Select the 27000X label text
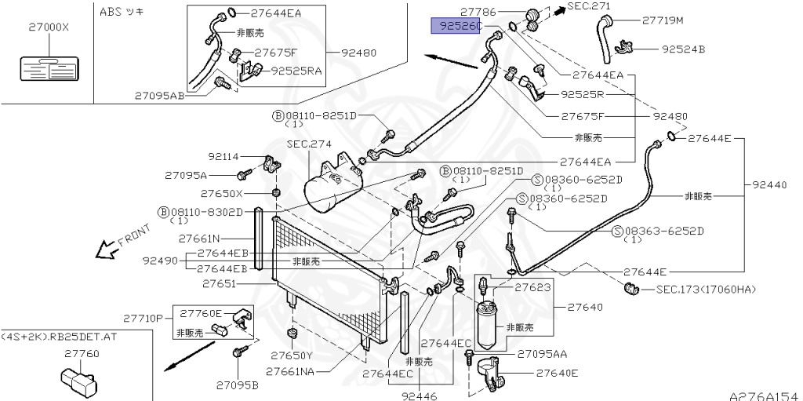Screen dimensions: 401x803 pyautogui.click(x=49, y=27)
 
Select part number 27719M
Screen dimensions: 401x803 pyautogui.click(x=663, y=20)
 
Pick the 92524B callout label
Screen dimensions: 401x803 pyautogui.click(x=683, y=49)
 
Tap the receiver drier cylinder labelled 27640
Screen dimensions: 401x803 pyautogui.click(x=488, y=326)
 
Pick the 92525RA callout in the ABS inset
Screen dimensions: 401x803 pyautogui.click(x=297, y=70)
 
